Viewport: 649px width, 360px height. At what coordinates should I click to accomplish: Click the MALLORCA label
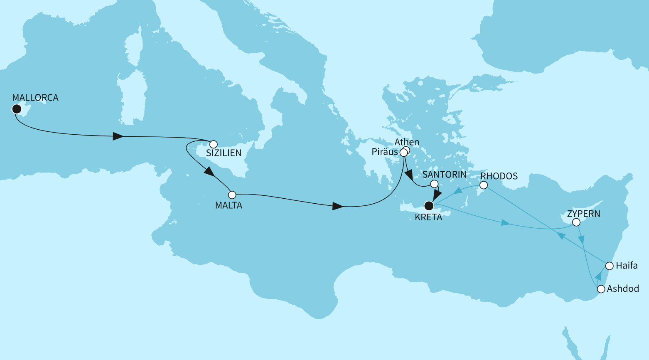35,98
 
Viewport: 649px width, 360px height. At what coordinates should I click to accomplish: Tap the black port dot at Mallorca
17,109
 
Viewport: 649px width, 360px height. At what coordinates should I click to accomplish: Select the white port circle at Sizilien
213,144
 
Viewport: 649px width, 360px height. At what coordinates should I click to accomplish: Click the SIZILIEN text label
224,153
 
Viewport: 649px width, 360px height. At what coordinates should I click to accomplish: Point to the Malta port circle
232,195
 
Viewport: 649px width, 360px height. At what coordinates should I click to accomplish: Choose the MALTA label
229,205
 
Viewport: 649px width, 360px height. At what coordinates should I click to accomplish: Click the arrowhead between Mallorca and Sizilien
118,136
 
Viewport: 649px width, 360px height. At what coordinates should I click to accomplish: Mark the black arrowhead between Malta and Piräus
338,206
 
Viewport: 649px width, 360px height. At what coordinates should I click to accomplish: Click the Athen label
407,142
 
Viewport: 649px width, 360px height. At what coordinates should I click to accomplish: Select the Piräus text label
385,152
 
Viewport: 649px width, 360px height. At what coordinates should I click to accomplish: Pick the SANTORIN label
444,175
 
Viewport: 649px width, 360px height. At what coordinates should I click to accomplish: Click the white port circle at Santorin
434,184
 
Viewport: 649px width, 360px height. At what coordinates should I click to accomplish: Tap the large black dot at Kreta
429,205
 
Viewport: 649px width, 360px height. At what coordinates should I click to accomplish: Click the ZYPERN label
584,214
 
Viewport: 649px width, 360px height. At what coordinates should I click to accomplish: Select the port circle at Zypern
576,222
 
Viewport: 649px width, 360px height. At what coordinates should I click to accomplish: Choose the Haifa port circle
609,266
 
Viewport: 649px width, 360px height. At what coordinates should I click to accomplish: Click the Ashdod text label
623,289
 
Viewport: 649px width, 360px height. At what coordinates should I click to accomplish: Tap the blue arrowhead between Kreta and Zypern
505,223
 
